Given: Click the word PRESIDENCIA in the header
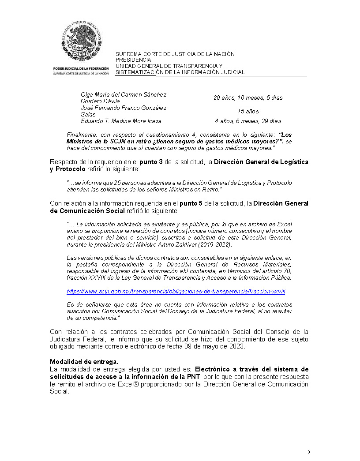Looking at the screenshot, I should [x=133, y=60].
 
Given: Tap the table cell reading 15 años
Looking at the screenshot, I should [x=248, y=111].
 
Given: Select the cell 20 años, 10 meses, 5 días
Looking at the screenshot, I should [x=248, y=97].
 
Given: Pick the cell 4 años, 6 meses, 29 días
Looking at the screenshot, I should [x=248, y=121].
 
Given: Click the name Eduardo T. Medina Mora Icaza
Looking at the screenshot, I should [x=121, y=121].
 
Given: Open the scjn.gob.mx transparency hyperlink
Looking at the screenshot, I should [x=179, y=292].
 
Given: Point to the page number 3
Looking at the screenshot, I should [x=309, y=452].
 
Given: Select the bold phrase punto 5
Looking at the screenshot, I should [x=191, y=203].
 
